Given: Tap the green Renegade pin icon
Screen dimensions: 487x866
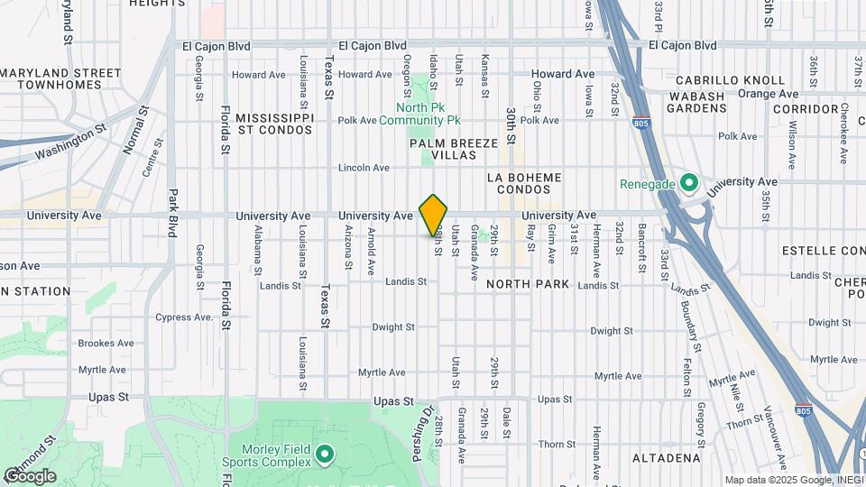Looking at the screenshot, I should (x=690, y=183).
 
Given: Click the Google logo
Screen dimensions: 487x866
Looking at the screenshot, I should (x=30, y=476).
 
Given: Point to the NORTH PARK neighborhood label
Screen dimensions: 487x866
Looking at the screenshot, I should (x=528, y=284).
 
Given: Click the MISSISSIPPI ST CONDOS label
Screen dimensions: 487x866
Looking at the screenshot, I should (x=274, y=124).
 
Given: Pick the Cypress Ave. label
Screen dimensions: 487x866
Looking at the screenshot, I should (x=184, y=317).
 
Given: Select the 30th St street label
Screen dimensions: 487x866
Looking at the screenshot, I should (x=510, y=123).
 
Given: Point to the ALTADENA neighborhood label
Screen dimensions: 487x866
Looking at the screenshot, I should (x=666, y=458).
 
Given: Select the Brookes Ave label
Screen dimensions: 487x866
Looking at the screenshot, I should (x=106, y=344).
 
